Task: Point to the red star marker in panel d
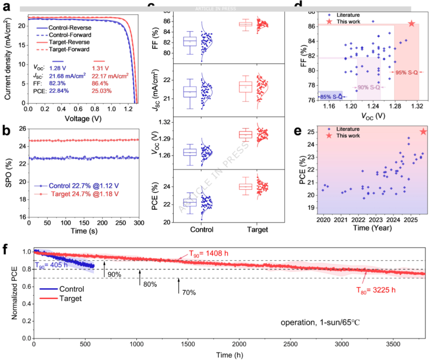click(411, 24)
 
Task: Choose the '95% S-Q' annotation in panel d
click(407, 72)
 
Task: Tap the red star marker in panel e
click(423, 132)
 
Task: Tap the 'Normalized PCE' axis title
click(14, 295)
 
